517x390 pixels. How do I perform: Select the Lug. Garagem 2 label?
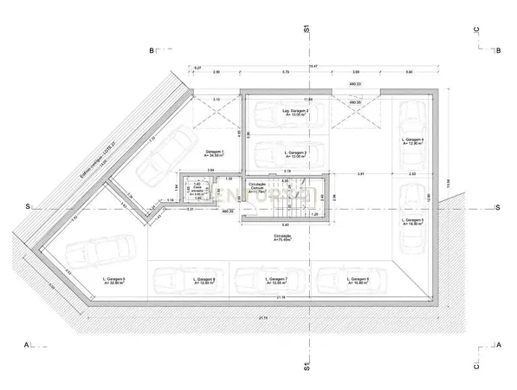tap(296, 114)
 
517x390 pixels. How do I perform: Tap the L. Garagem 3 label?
tap(296, 154)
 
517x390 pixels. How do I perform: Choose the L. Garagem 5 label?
tap(413, 222)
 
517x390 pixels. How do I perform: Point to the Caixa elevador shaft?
tap(197, 190)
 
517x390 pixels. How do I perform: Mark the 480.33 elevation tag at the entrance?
tap(354, 84)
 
